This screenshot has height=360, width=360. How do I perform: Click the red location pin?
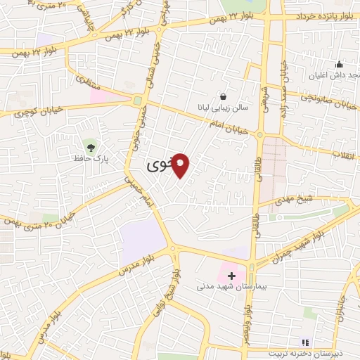(x=181, y=165)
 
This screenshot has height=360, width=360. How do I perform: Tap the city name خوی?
(x=158, y=167)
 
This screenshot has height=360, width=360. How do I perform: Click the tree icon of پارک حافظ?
(x=91, y=146)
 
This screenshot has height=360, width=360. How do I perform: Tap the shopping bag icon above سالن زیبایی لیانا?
(x=223, y=97)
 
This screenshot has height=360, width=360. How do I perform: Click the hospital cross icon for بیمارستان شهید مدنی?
(x=232, y=276)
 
